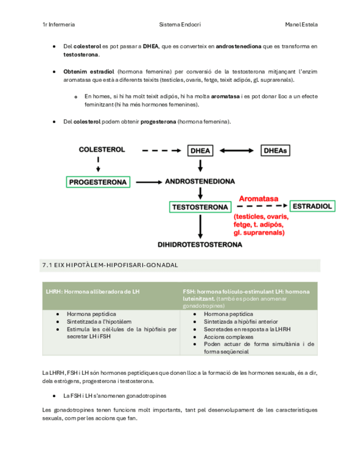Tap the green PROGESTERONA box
click(x=98, y=182)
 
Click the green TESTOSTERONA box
click(x=200, y=207)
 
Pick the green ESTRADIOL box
click(x=312, y=206)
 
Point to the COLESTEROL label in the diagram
click(x=102, y=149)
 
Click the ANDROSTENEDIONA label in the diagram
click(x=200, y=181)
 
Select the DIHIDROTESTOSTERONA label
click(x=200, y=245)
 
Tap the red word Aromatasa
click(x=258, y=198)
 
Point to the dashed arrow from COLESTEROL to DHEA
click(x=160, y=150)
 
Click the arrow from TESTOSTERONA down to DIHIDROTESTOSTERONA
click(x=200, y=226)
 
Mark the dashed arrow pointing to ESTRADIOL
click(x=269, y=207)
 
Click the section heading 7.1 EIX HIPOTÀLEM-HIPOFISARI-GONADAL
click(x=110, y=265)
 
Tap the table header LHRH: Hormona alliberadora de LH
click(x=93, y=291)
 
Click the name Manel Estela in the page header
click(x=301, y=25)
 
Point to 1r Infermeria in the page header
click(x=59, y=25)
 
